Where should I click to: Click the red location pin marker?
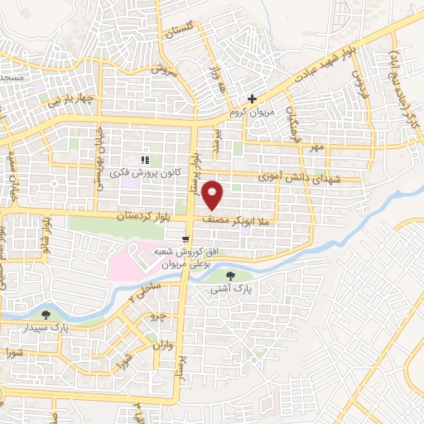pos(214,195)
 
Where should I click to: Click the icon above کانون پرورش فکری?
pos(144,159)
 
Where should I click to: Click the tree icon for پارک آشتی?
pos(230,276)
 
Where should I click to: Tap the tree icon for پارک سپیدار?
pos(45,315)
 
